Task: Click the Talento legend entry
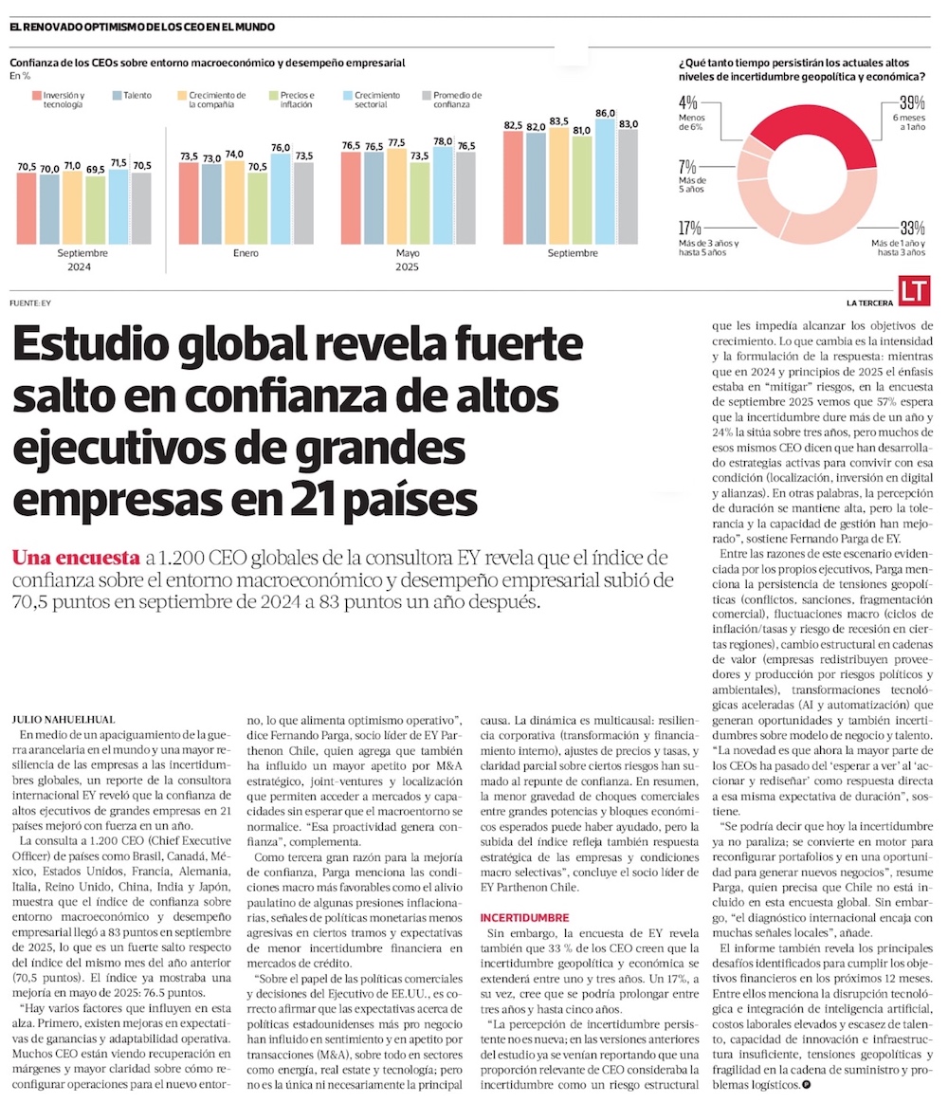coord(133,96)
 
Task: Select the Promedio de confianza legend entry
coord(451,100)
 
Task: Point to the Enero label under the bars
coord(246,253)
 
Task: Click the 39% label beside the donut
coord(912,103)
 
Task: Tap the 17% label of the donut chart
coord(690,228)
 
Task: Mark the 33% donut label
coord(912,228)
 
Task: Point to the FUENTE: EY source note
coord(30,303)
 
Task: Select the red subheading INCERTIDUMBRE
coord(524,917)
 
